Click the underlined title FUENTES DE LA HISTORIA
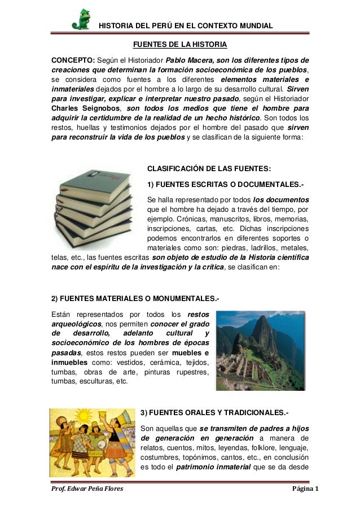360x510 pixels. tap(179, 44)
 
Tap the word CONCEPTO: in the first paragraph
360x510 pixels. tap(73, 60)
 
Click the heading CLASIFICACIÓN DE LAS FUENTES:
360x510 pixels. tap(208, 168)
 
